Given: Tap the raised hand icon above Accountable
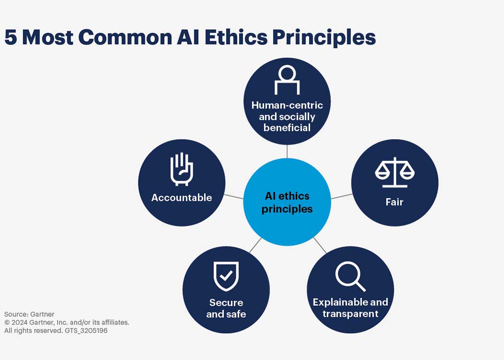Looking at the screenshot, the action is click(181, 169).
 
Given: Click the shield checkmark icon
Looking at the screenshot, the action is click(226, 276).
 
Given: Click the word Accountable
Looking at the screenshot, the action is click(181, 197).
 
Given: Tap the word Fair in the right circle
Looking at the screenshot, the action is click(395, 202).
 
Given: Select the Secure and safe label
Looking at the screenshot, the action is click(226, 308).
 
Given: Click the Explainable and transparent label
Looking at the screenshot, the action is click(350, 308).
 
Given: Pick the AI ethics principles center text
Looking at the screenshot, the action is click(287, 203).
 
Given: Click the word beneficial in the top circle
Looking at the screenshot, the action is click(287, 128).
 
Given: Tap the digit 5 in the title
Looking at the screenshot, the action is click(11, 37).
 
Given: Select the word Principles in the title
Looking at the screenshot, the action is click(324, 37).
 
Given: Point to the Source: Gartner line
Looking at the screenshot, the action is click(29, 314).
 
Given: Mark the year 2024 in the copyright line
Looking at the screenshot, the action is click(19, 323).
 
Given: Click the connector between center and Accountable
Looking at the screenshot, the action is click(234, 197).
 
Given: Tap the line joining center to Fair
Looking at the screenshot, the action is click(342, 196).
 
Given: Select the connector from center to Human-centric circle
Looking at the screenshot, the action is click(287, 151).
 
